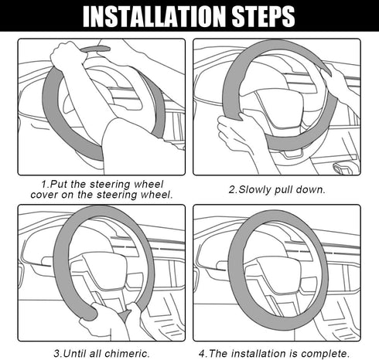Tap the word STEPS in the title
coord(259,15)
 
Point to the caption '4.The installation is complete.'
coord(285,353)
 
